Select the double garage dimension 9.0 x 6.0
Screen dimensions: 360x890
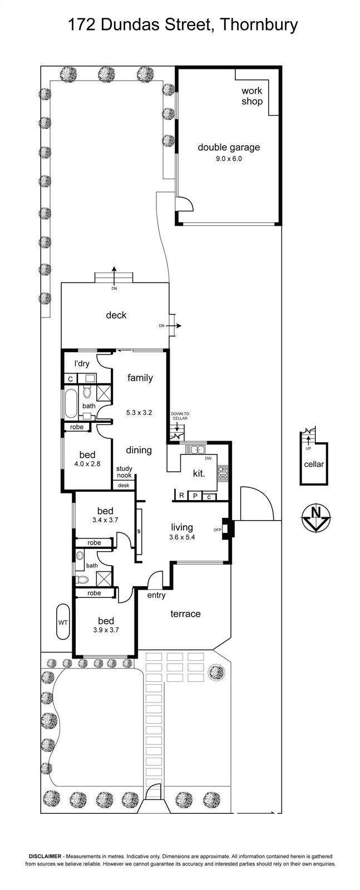pos(229,159)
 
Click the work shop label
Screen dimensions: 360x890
pos(252,96)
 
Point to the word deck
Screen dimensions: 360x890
pos(116,315)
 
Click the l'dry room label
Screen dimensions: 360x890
pos(82,363)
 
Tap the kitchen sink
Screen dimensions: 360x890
pos(195,450)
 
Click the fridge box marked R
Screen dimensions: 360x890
pos(181,496)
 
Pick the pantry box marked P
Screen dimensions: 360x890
pos(195,496)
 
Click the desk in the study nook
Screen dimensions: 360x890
pos(124,485)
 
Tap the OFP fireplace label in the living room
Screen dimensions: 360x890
pos(217,530)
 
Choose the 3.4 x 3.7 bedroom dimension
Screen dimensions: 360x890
pos(105,520)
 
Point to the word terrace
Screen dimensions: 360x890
pos(185,614)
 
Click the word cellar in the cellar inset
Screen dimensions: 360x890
pos(314,464)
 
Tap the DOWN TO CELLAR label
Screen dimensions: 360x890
pos(180,416)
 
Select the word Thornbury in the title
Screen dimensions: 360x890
pos(258,24)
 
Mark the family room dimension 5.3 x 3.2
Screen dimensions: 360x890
pos(139,412)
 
